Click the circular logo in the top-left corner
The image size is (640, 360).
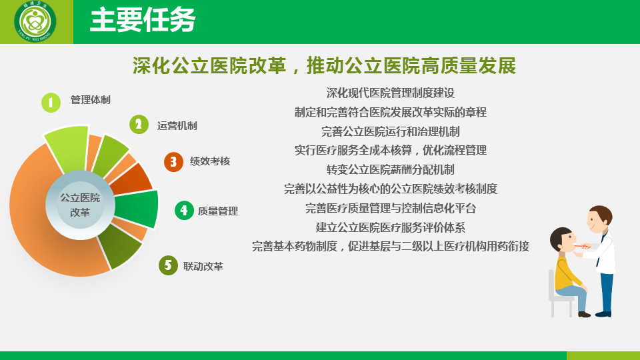[x=35, y=21]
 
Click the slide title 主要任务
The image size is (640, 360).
[x=143, y=20]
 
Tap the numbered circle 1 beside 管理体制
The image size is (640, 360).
[x=51, y=103]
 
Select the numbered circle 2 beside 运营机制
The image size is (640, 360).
[x=139, y=125]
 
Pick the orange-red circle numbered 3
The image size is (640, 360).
[x=173, y=162]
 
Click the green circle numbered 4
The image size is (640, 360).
[x=184, y=210]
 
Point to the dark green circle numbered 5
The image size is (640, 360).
[x=168, y=265]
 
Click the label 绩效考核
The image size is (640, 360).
[x=210, y=161]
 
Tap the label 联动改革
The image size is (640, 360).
[x=203, y=267]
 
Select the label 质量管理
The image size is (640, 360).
[x=218, y=211]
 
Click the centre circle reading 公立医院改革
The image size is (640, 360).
[x=80, y=205]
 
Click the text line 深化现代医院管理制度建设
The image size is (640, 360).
[x=391, y=93]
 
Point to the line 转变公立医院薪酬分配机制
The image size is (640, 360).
[x=391, y=169]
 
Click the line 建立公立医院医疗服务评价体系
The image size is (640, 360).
[x=391, y=227]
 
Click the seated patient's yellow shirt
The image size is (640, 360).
[x=567, y=271]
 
